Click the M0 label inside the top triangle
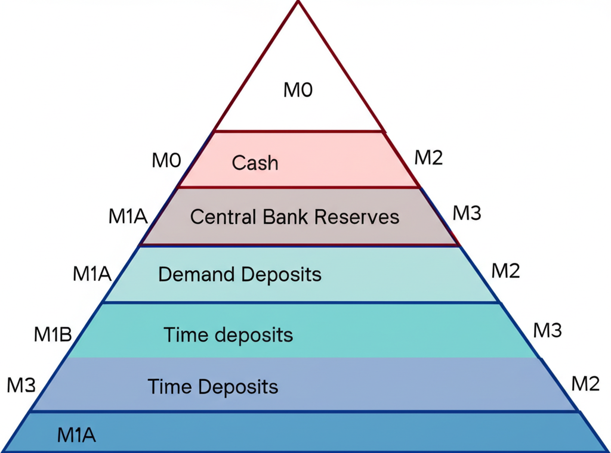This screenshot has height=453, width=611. [x=298, y=91]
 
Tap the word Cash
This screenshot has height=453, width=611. [x=255, y=163]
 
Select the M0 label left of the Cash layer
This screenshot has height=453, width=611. [x=166, y=160]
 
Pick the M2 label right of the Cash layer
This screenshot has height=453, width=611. [x=429, y=158]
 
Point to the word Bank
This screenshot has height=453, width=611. [x=285, y=216]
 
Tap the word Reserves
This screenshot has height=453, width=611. [x=357, y=216]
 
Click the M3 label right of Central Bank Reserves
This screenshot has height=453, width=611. [x=467, y=213]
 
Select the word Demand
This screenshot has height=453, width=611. [x=196, y=275]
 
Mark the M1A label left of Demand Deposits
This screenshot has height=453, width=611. [x=92, y=275]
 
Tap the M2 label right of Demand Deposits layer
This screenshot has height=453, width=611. [x=505, y=271]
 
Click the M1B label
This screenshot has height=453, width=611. [x=53, y=336]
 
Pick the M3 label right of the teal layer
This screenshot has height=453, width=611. [x=547, y=330]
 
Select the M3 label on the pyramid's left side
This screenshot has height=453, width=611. [x=21, y=386]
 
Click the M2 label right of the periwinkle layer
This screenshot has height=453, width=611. [x=585, y=384]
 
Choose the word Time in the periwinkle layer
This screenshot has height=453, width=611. [x=169, y=387]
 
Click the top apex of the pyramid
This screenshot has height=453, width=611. [x=297, y=2]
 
